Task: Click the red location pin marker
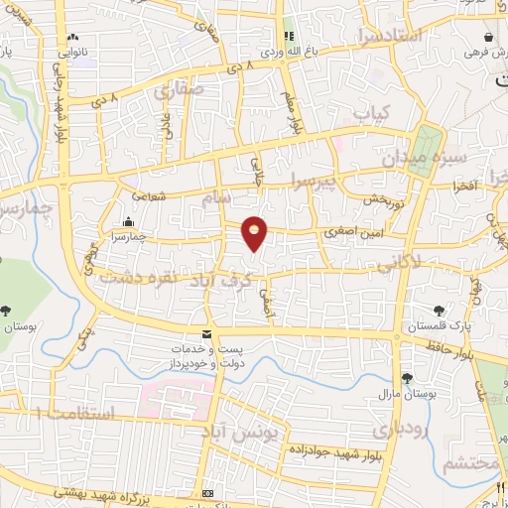coord(255,232)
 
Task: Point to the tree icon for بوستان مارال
coord(407,377)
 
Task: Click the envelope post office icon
coord(207,334)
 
